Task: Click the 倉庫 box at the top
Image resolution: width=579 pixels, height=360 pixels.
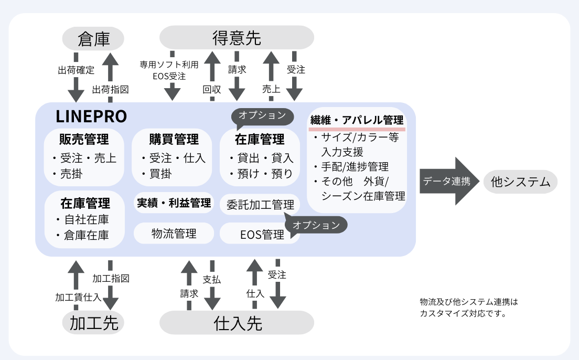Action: pos(93,39)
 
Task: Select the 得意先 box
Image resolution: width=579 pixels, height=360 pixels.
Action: pos(237,38)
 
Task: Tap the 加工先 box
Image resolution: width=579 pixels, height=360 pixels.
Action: pos(93,323)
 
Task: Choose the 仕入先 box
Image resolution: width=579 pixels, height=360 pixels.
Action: pos(237,323)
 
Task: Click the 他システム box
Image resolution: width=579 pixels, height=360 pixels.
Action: pos(520,182)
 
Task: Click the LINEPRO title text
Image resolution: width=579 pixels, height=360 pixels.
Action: pos(91,117)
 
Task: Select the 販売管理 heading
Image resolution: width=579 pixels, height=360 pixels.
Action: pos(84,139)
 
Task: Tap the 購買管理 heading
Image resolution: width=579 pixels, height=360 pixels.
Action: pos(173,139)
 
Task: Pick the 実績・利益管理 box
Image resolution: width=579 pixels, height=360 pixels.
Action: pos(174,203)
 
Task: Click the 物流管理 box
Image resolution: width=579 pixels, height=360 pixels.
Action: pos(174,233)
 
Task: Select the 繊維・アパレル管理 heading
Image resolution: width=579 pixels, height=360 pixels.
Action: pos(357,120)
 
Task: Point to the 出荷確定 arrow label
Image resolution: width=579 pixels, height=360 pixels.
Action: pos(76,69)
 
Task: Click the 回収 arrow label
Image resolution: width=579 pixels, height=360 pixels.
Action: pos(211,90)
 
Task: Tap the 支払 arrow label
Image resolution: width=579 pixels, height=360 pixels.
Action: pos(211,280)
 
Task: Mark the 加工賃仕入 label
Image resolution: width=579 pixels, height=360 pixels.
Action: pos(78,297)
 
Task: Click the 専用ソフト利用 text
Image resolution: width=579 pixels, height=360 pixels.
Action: pos(169,65)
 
